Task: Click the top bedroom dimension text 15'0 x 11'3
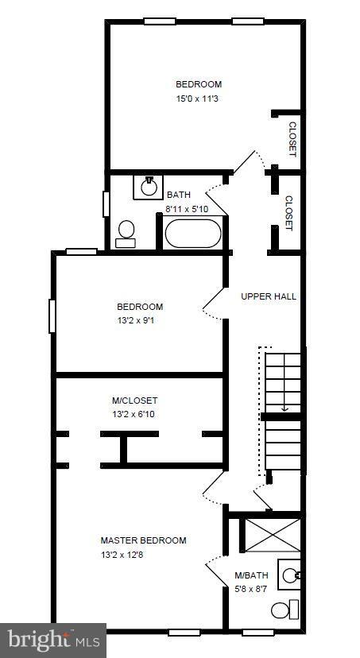pyautogui.click(x=199, y=99)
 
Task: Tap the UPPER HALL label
pyautogui.click(x=269, y=296)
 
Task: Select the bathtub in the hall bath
pyautogui.click(x=192, y=234)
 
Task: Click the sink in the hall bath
pyautogui.click(x=149, y=187)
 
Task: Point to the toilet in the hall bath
pyautogui.click(x=126, y=233)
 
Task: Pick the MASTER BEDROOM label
pyautogui.click(x=143, y=540)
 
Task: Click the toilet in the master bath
pyautogui.click(x=281, y=610)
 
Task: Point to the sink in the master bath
pyautogui.click(x=292, y=574)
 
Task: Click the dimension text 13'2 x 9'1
pyautogui.click(x=140, y=321)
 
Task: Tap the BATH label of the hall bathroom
pyautogui.click(x=179, y=195)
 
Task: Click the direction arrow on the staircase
pyautogui.click(x=284, y=406)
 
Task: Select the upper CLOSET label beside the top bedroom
pyautogui.click(x=292, y=139)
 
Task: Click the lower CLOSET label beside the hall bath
pyautogui.click(x=288, y=213)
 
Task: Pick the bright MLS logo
pyautogui.click(x=53, y=640)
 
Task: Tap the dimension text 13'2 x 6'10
pyautogui.click(x=134, y=415)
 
